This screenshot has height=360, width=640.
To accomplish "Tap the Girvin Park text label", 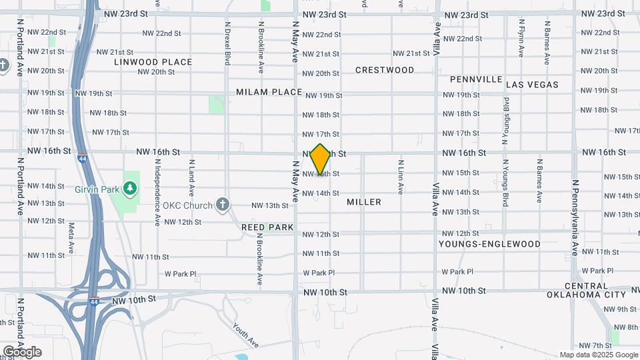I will [x=101, y=189].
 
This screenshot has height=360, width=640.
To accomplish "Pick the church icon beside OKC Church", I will [x=223, y=205].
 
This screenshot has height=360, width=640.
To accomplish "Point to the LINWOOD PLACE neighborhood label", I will [x=153, y=62].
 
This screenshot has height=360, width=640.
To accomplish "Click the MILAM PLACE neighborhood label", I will [x=269, y=92].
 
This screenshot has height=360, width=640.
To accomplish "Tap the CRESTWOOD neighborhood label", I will [x=385, y=70].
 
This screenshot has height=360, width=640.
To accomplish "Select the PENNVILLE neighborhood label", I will [x=476, y=79].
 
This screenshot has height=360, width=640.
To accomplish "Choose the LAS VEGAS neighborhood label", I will [x=532, y=85].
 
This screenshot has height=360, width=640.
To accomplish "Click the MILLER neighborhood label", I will [x=364, y=202].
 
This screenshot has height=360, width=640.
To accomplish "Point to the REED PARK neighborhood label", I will [x=267, y=227].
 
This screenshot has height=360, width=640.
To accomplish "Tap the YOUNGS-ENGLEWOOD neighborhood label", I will [x=489, y=244].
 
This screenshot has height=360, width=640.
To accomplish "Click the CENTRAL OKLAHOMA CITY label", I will [x=586, y=290].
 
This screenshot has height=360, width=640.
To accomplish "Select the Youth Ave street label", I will [x=245, y=335].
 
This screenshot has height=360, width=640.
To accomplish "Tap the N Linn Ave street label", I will [x=401, y=176].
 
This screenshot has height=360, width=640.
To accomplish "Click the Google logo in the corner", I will [x=22, y=352].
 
